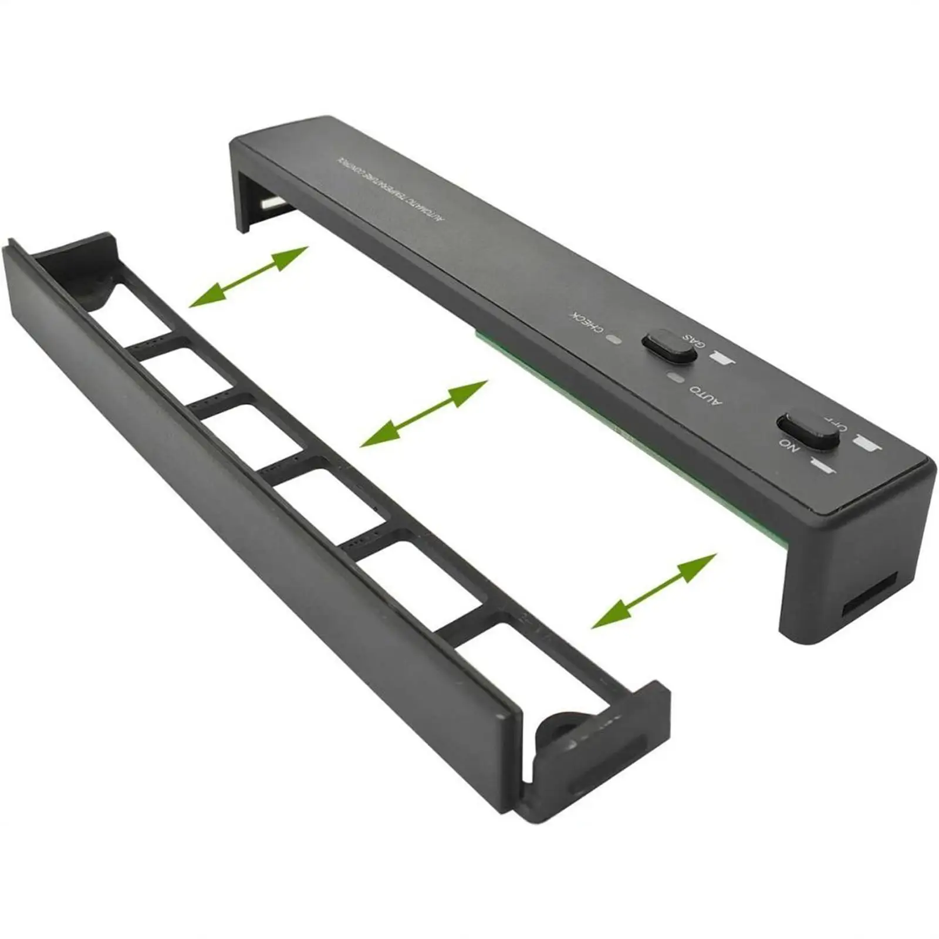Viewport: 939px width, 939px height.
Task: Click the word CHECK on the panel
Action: pyautogui.click(x=586, y=322)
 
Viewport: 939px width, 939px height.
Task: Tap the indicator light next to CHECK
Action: pyautogui.click(x=614, y=339)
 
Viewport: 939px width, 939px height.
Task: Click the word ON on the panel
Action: pyautogui.click(x=789, y=445)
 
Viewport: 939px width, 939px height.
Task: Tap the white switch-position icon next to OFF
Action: pyautogui.click(x=868, y=444)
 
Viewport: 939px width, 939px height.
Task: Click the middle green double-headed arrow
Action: pyautogui.click(x=424, y=413)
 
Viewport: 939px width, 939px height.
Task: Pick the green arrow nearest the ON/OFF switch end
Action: pyautogui.click(x=654, y=590)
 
